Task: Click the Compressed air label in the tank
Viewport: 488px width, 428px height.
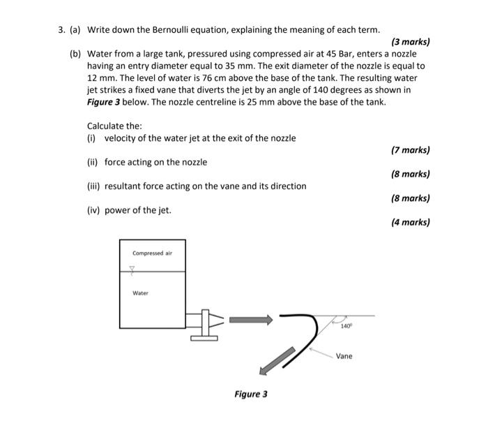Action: [152, 253]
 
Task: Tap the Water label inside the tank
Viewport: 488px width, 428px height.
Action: [140, 293]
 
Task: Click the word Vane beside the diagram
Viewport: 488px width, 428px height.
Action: [344, 356]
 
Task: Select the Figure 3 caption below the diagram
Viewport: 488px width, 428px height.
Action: [250, 394]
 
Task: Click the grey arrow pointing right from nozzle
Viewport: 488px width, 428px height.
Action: [250, 319]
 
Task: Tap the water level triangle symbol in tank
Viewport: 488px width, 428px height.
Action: [130, 275]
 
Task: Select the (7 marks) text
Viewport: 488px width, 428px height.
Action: [411, 150]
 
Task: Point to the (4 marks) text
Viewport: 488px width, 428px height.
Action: [411, 223]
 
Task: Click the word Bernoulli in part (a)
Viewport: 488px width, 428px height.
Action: [170, 30]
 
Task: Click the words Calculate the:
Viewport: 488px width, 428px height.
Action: [114, 126]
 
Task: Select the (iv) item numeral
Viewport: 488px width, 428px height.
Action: [93, 210]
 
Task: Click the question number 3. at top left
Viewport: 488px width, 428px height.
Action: [61, 30]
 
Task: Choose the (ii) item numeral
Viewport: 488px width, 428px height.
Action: [93, 162]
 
